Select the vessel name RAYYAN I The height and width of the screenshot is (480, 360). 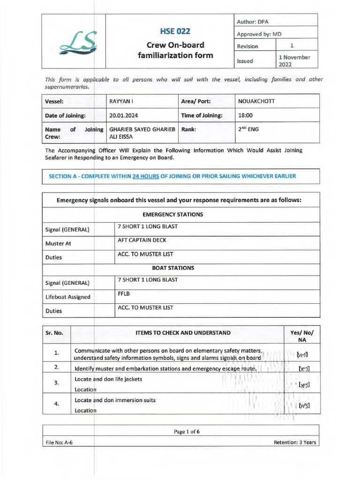(121, 101)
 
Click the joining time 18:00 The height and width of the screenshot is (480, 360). (246, 115)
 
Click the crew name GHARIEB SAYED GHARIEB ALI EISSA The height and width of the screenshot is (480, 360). (142, 133)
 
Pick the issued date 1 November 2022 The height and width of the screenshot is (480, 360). (294, 61)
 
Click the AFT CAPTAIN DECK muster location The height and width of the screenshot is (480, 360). (142, 240)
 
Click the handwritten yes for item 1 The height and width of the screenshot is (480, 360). (302, 354)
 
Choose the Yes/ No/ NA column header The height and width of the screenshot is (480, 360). (302, 337)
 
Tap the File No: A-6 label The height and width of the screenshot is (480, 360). (59, 442)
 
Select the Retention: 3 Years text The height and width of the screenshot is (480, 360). (295, 442)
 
